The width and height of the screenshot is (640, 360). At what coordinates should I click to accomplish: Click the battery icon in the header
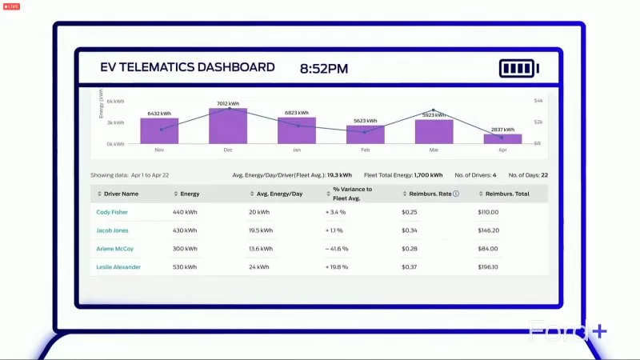pos(519,68)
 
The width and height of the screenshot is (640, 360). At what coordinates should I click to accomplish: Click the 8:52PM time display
pos(324,69)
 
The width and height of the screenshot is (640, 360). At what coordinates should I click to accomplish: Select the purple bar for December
pos(228,126)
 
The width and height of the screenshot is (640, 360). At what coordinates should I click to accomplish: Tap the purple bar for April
pos(502,138)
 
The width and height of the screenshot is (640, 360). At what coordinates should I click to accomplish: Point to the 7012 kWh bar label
pos(228,103)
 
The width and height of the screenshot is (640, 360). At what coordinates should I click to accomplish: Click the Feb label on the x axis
pos(366,150)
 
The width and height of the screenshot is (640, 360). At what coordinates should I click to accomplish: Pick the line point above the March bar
pos(434,110)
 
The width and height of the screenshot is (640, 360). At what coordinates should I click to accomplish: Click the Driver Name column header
pos(118,194)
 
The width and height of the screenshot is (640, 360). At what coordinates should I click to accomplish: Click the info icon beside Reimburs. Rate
pos(456,194)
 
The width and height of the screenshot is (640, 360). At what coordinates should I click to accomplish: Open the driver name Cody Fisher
pos(112,212)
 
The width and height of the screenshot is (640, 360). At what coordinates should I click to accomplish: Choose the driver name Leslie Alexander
pos(118,267)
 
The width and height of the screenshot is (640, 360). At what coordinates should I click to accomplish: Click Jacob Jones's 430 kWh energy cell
pos(185,230)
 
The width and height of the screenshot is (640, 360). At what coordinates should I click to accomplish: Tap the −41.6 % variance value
pos(337,249)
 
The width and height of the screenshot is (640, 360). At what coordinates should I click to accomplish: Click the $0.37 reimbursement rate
pos(409,267)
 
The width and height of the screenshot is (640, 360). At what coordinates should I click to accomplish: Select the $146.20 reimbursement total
pos(488,230)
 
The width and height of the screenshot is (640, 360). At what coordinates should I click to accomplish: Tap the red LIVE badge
pos(11,6)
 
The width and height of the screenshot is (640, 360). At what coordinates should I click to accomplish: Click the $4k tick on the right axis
pos(538,102)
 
